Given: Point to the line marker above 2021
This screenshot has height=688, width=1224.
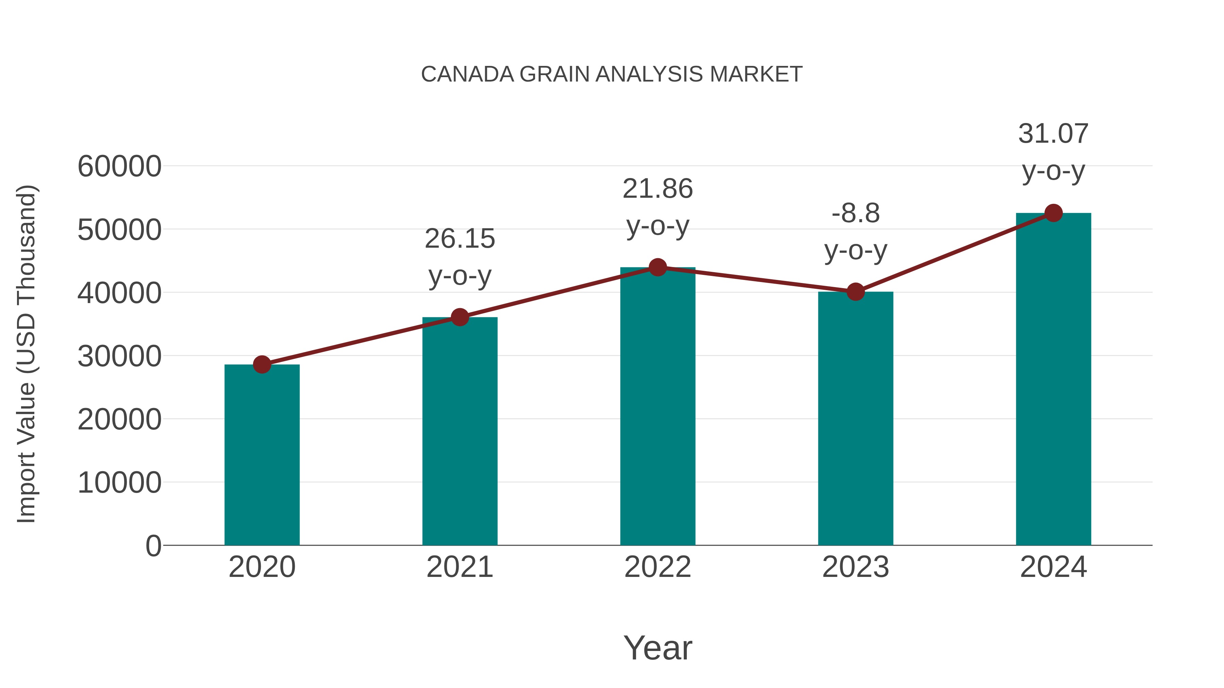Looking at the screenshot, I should click(459, 317).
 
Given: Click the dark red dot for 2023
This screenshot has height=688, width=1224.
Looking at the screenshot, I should click(855, 292).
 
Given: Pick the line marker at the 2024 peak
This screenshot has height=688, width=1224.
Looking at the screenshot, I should click(1053, 213).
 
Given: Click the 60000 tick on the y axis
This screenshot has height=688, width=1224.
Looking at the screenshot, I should click(119, 167).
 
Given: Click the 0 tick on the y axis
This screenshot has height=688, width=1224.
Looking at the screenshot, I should click(153, 546).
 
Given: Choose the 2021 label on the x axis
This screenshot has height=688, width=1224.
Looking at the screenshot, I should click(459, 567).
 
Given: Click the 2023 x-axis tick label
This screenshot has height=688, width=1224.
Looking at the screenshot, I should click(855, 567).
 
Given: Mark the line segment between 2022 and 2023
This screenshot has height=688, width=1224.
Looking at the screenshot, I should click(756, 280).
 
